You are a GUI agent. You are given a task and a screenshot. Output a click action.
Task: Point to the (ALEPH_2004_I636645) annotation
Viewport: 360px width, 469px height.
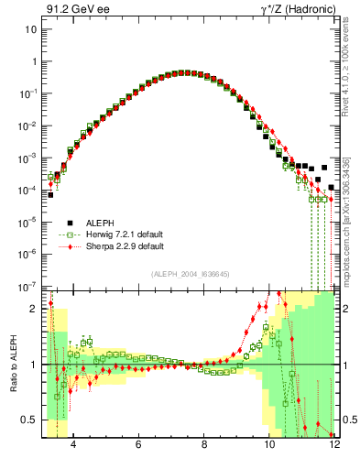(x=190, y=276)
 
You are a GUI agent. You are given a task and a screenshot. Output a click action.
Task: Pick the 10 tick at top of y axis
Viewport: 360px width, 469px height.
(x=30, y=29)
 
